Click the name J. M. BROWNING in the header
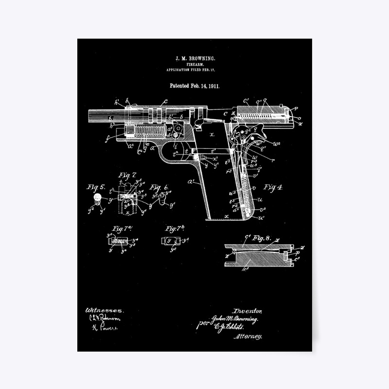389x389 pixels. tap(195, 58)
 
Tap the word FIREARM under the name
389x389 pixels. tap(195, 64)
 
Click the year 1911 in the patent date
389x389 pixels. tap(213, 86)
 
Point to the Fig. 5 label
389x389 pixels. tap(96, 187)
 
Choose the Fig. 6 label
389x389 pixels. tap(159, 187)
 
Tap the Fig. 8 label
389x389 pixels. tap(262, 238)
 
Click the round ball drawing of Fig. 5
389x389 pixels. tap(97, 197)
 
